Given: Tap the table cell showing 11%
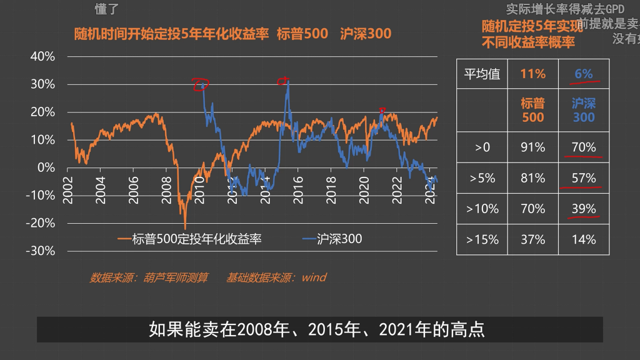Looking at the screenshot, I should coord(532,74).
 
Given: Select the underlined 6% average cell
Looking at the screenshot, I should coord(584,74).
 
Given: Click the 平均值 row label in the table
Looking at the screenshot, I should coord(482,74).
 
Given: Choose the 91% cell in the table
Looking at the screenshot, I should coord(532,147).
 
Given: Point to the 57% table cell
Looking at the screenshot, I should coord(584,178).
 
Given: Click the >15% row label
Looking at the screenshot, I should coord(482,239).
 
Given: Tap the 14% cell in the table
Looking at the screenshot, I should coord(584,239).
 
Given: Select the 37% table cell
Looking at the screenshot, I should coord(532,239).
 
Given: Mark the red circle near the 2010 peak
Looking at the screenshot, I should coord(201,84).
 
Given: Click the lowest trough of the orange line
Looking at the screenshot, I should coord(185,227).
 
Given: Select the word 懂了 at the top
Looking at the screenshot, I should coord(107,9).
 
